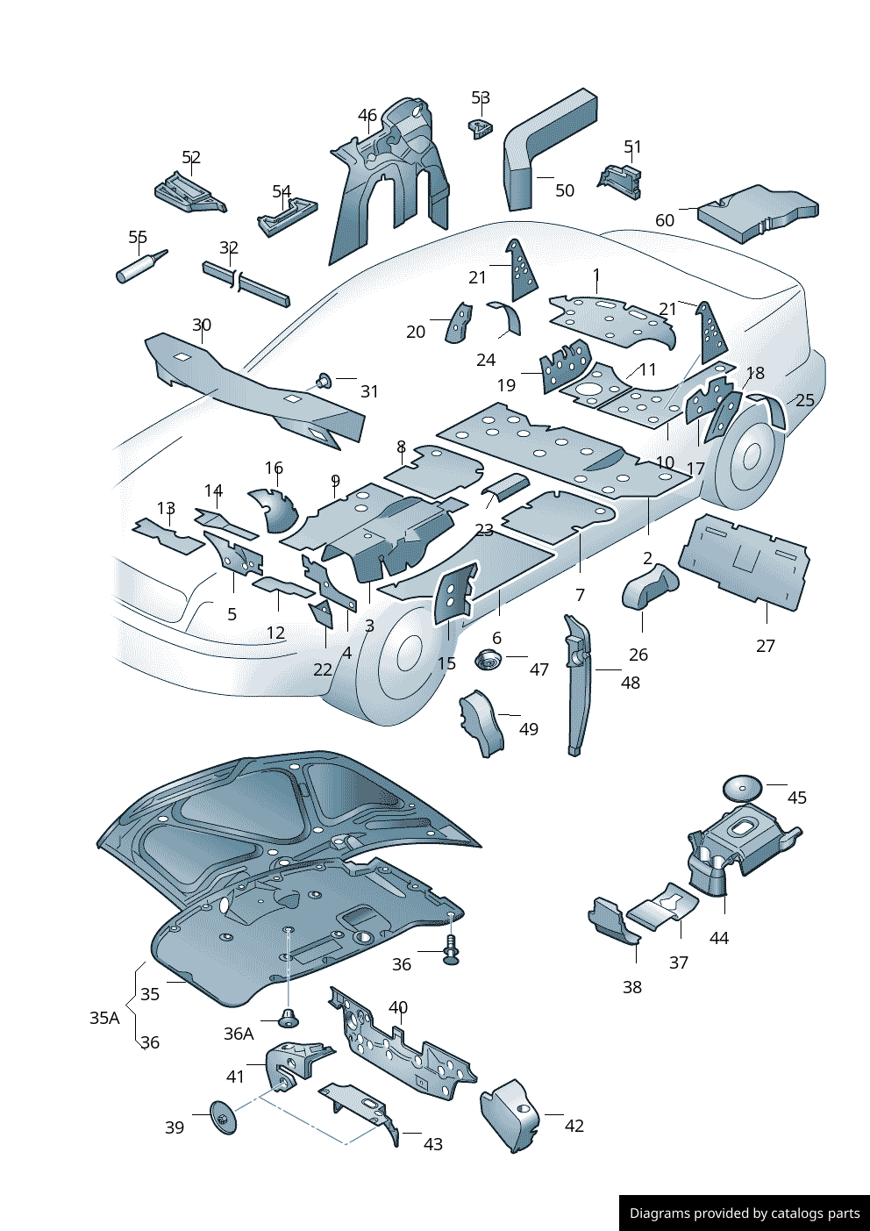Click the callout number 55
[x=138, y=237]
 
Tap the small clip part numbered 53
[x=481, y=128]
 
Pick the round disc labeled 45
[x=742, y=787]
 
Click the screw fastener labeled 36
[x=451, y=949]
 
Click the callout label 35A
[x=104, y=1018]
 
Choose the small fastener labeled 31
[x=324, y=381]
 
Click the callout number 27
[x=766, y=646]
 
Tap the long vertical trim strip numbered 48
[x=578, y=684]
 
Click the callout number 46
[x=367, y=115]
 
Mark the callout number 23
[x=484, y=530]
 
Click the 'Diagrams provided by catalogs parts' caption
[x=745, y=1213]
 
